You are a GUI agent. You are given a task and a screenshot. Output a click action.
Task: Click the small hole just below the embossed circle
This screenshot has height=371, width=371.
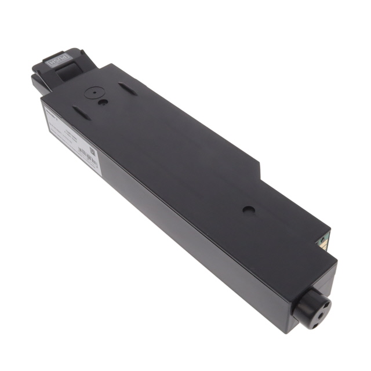[x=102, y=103]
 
